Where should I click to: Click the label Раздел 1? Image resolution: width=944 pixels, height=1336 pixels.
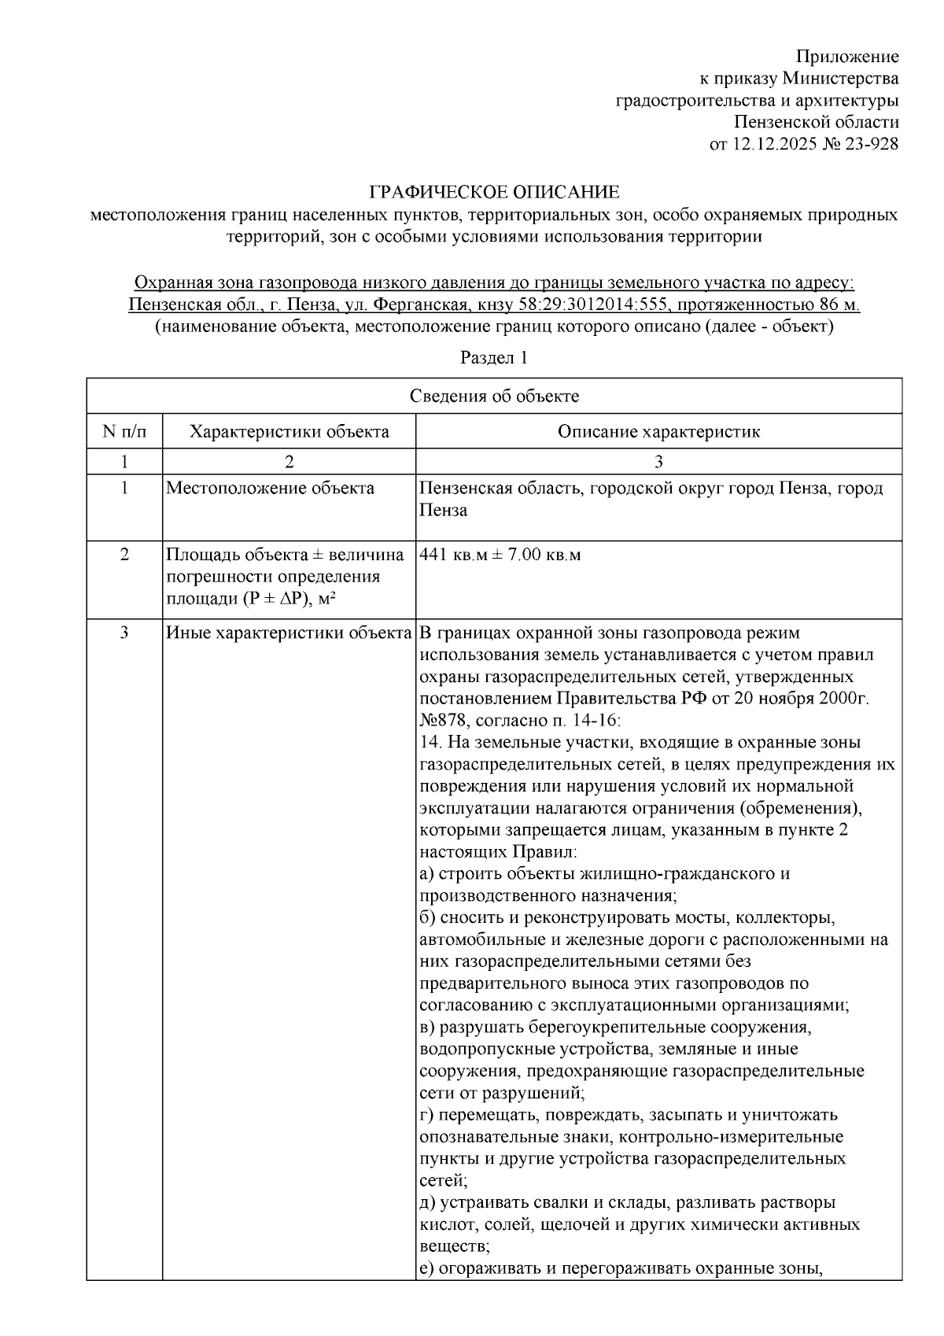coord(494,358)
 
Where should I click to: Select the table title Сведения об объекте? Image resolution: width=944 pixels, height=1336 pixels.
coord(494,396)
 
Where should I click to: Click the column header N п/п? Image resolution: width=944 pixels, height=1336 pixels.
coord(124,432)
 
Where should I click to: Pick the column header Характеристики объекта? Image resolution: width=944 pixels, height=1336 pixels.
coord(289,432)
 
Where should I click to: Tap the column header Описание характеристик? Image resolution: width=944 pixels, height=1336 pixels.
coord(658,432)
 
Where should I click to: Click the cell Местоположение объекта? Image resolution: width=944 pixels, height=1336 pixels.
coord(270,489)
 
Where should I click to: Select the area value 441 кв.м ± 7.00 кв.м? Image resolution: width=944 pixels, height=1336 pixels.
coord(500,555)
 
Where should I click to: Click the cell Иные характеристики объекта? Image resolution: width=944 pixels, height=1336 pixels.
coord(289,633)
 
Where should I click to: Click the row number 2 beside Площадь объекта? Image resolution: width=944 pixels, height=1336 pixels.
coord(124,555)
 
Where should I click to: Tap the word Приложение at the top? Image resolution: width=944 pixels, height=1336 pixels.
coord(847,57)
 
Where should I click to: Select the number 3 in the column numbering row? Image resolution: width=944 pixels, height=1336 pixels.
coord(658,462)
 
